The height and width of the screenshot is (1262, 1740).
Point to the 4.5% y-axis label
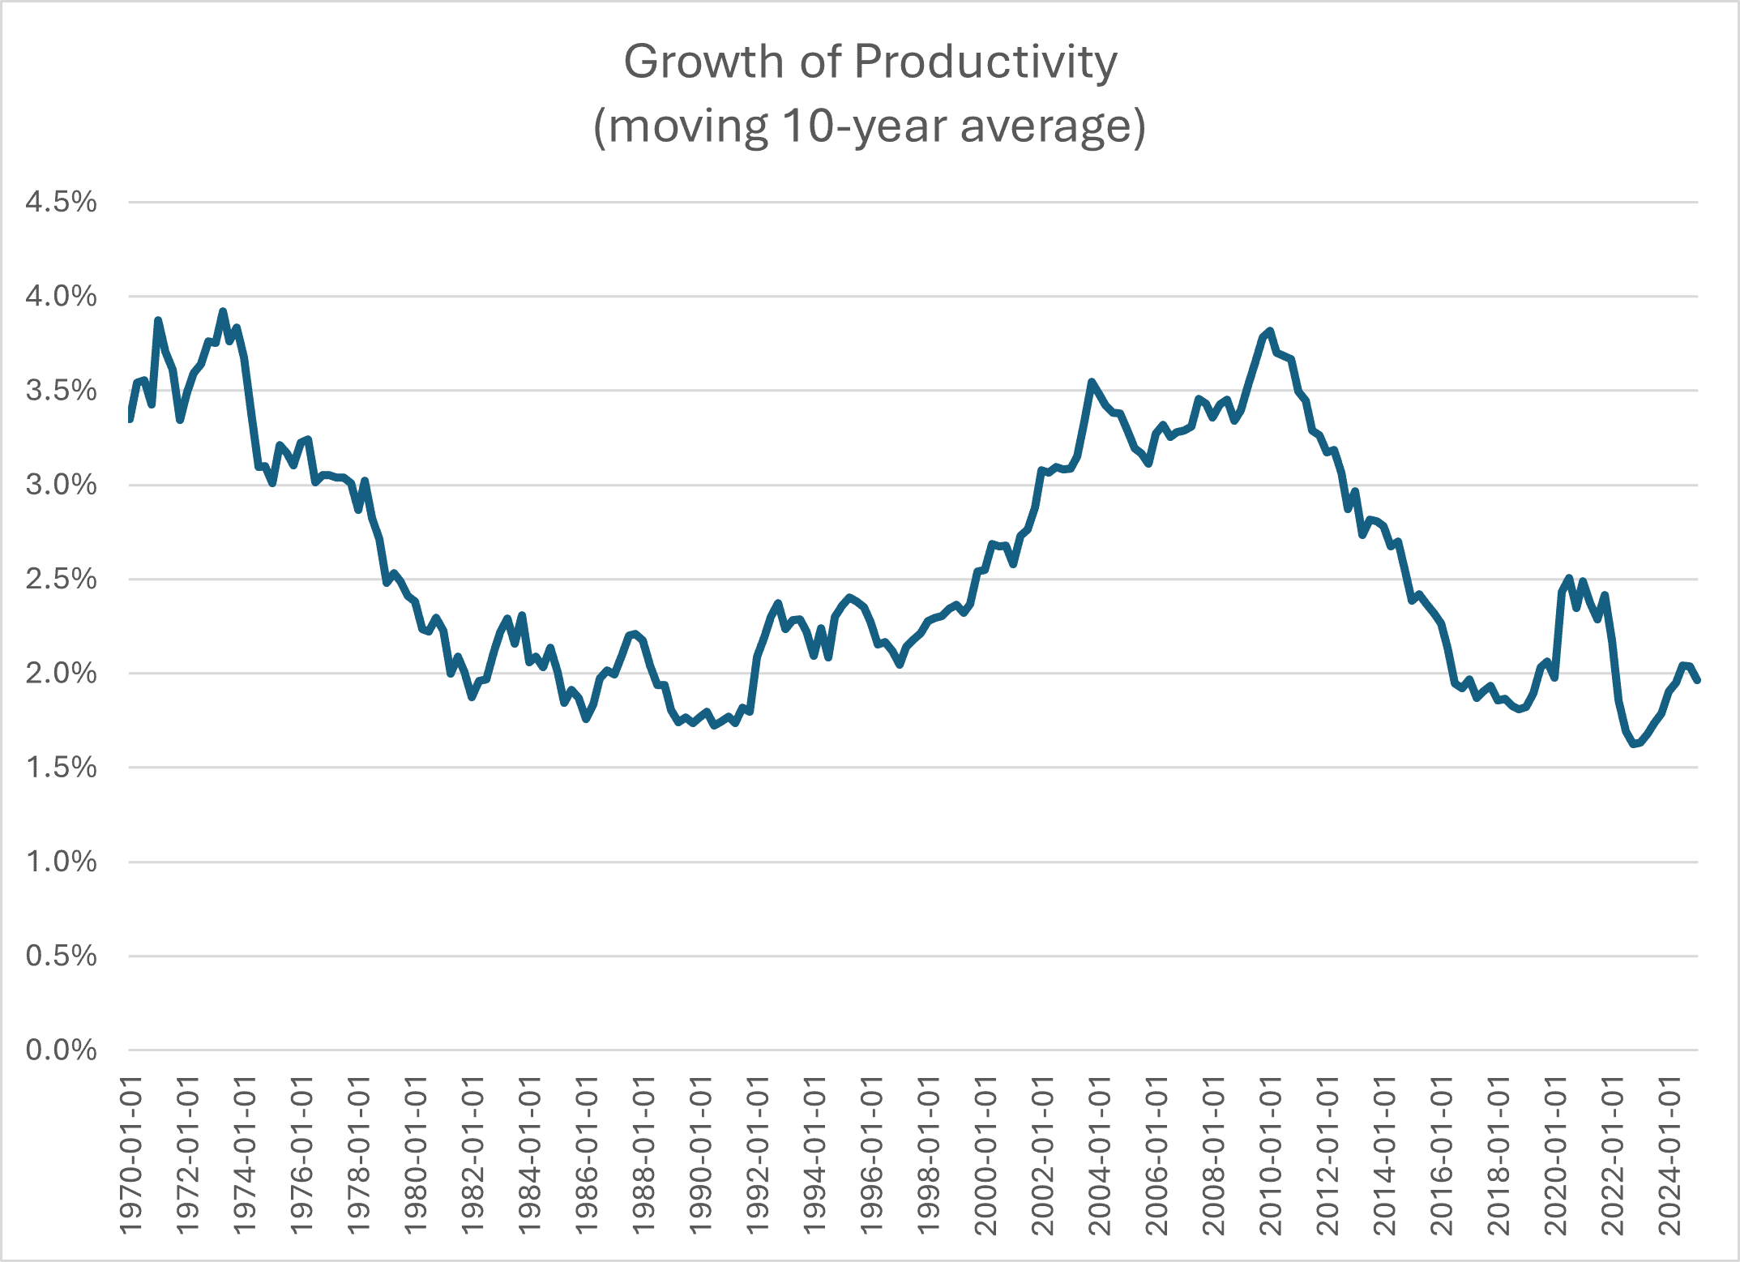[x=61, y=202]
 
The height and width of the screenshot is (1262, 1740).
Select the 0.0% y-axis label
[x=61, y=1050]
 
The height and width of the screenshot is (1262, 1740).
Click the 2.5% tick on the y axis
[x=61, y=580]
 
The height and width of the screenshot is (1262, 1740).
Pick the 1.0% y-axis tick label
[x=61, y=862]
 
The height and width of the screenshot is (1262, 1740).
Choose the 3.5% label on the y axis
[x=61, y=391]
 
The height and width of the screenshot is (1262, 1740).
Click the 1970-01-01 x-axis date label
[x=130, y=1155]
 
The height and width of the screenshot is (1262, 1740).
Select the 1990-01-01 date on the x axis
[x=700, y=1155]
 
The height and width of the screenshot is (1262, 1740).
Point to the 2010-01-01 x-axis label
[x=1270, y=1155]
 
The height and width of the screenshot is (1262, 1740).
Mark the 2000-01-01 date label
[x=985, y=1155]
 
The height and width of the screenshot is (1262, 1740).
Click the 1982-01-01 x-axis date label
[x=472, y=1155]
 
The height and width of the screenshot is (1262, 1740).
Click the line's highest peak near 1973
[x=223, y=311]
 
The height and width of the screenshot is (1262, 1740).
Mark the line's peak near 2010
[x=1270, y=331]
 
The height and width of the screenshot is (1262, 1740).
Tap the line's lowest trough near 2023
[x=1634, y=743]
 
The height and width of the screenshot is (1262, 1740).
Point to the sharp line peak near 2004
[x=1092, y=382]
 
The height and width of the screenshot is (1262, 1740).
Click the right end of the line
[x=1697, y=681]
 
